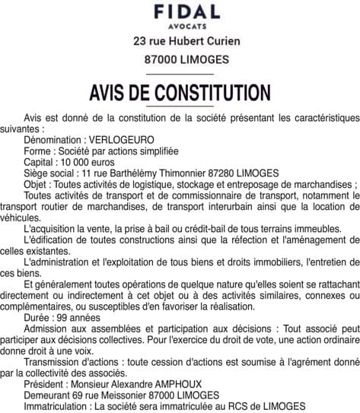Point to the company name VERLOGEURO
pos(122,141)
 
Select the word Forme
pos(38,151)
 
